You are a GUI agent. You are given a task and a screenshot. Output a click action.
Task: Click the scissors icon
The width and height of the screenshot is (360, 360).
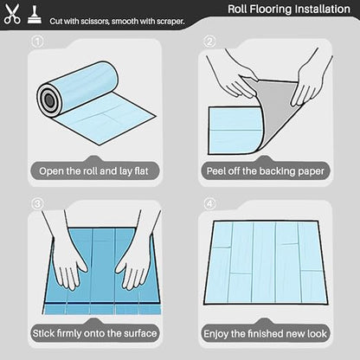[x=12, y=14]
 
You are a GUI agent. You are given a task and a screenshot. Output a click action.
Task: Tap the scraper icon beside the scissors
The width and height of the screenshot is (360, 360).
[x=35, y=15]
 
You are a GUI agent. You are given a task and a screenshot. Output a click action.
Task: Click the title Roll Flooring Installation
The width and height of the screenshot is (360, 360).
[x=289, y=9]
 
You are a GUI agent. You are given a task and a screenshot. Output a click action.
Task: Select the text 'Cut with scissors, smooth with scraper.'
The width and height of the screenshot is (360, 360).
[x=117, y=21]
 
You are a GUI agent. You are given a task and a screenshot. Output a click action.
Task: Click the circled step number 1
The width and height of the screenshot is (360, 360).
[x=37, y=42]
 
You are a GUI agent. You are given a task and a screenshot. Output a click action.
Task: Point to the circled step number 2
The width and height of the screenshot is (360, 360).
[x=209, y=42]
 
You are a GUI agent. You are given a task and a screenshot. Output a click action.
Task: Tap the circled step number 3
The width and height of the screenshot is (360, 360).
[x=37, y=203]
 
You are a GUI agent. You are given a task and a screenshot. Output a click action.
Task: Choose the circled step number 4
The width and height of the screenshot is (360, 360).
[x=209, y=203]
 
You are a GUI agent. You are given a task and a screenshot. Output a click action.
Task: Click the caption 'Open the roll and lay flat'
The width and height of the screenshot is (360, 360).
[x=93, y=171]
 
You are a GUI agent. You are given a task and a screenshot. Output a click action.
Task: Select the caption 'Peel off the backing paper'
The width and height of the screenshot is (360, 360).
[x=266, y=171]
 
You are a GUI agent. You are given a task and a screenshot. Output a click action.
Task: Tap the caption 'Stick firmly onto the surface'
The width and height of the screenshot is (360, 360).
[x=94, y=333]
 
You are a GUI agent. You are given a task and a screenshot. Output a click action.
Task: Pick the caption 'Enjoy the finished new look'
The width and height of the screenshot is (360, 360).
[x=265, y=334]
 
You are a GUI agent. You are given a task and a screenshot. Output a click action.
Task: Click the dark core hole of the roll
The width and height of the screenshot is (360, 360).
[x=49, y=100]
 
